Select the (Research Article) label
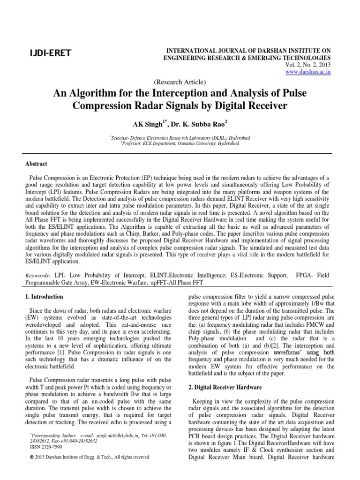coord(180,82)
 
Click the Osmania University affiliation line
coord(180,143)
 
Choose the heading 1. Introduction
coord(44,297)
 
